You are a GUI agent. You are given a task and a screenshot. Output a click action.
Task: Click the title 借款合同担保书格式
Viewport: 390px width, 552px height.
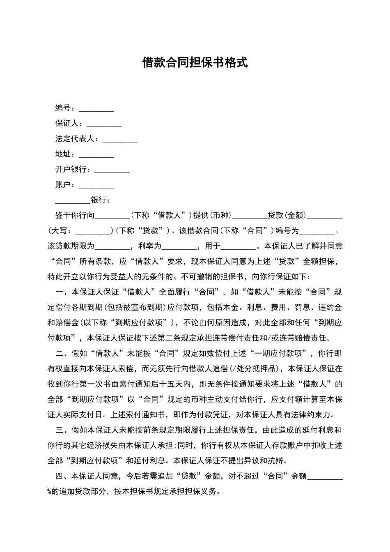195,62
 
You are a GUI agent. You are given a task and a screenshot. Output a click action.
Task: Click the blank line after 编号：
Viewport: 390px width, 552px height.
96,109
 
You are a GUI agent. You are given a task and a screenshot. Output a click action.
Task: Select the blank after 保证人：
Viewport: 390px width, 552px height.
104,124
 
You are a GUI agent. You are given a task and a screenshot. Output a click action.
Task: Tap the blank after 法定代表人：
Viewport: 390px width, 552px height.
119,140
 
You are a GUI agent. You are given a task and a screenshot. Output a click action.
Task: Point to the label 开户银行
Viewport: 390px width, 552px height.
71,170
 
